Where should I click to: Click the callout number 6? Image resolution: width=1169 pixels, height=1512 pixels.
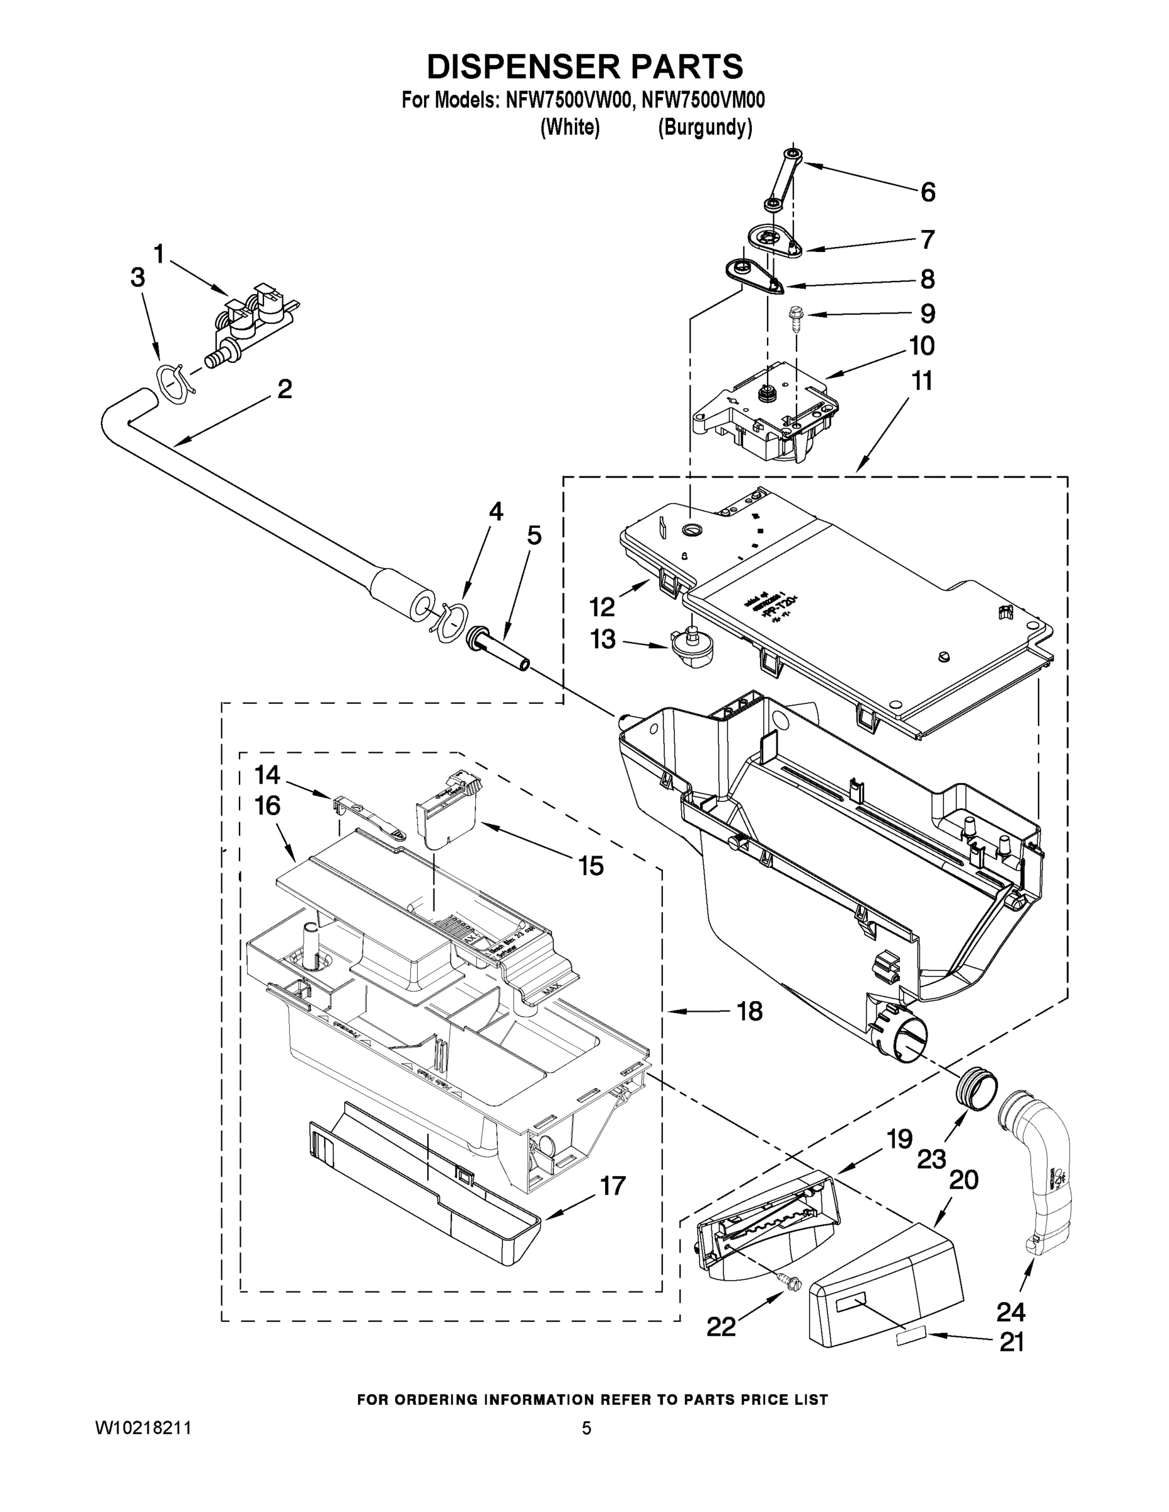[x=927, y=192]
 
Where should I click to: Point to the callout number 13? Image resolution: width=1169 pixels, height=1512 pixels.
[x=602, y=639]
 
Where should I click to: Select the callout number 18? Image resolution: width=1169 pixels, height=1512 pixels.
[x=749, y=1011]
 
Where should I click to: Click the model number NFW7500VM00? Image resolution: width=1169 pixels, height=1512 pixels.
[x=703, y=100]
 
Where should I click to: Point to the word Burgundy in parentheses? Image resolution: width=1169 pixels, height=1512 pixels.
[x=705, y=127]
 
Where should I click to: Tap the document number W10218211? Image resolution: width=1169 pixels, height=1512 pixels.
[x=142, y=1429]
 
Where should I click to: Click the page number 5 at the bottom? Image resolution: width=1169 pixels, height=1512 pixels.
[x=587, y=1429]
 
